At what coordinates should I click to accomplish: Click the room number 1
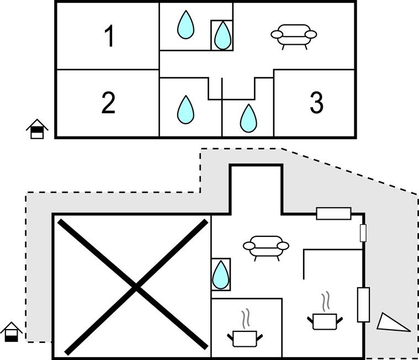109,36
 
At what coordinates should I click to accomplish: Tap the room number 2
108,103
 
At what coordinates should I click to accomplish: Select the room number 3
316,103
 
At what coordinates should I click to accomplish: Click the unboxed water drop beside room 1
185,25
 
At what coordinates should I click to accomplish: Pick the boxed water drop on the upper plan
222,35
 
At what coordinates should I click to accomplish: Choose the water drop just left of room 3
248,118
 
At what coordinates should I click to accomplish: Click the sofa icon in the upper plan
294,35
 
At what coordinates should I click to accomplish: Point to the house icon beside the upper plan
37,129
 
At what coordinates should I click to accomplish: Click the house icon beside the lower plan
11,332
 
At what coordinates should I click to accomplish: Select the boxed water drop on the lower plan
221,274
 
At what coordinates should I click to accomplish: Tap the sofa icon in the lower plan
266,247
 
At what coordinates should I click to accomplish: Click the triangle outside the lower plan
393,323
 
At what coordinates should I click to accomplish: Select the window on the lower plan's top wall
333,214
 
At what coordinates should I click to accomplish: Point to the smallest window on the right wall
363,233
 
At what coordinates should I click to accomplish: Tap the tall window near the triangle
363,304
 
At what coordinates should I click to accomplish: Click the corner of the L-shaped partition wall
304,250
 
